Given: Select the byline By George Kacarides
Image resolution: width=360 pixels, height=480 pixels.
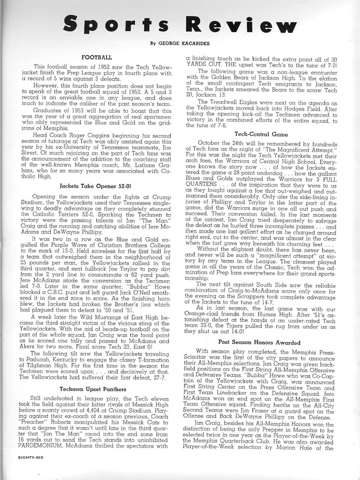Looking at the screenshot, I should click(x=179, y=44).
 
